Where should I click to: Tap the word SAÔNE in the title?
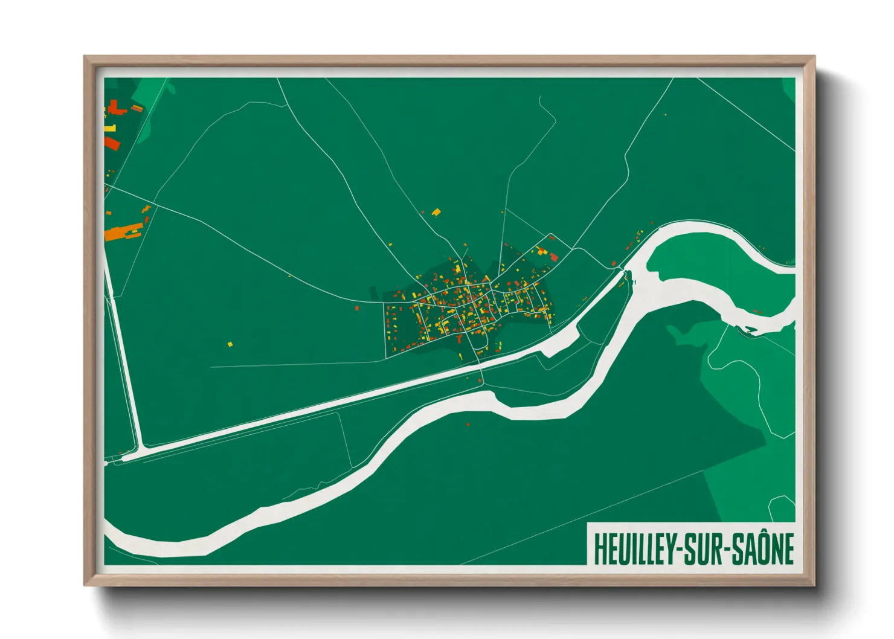coord(763,549)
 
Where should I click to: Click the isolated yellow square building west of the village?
coord(230,345)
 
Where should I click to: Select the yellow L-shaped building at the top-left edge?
coord(109,128)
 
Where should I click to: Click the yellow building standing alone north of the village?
coord(436,212)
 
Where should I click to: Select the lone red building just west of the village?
coord(357,309)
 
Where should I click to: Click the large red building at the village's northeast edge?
coord(554,258)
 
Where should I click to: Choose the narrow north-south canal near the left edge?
coord(124,362)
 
